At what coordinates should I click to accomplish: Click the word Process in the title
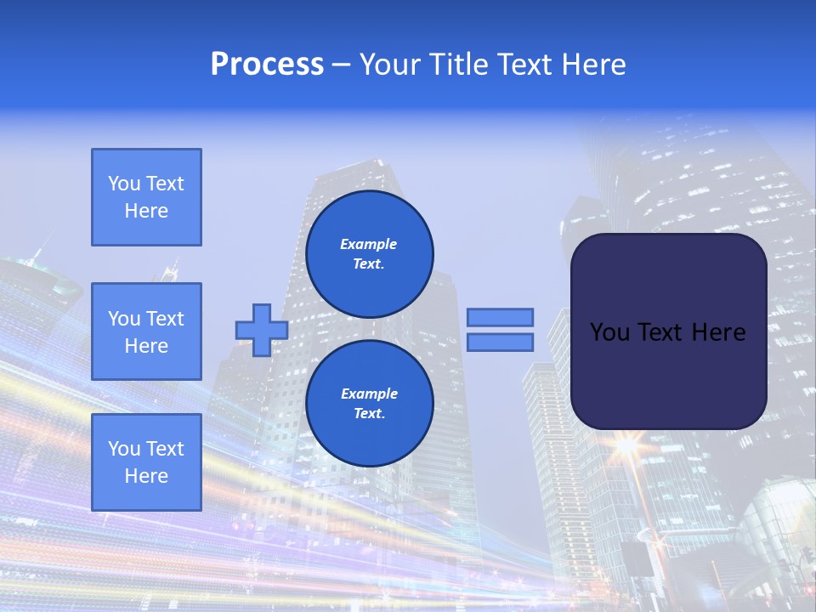[267, 65]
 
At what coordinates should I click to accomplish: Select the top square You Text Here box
[146, 197]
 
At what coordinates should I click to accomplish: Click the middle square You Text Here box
[146, 331]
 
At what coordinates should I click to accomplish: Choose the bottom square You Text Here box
[146, 462]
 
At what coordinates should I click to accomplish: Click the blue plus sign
[262, 330]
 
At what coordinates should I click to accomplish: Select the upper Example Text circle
[369, 254]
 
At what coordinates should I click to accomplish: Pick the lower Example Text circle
[369, 404]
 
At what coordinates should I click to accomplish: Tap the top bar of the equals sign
[500, 317]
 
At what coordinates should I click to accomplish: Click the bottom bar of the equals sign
[500, 343]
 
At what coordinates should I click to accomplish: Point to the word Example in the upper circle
[369, 244]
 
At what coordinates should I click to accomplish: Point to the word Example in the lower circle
[369, 394]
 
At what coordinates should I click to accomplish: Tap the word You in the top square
[124, 184]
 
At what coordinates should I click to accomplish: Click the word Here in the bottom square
[146, 476]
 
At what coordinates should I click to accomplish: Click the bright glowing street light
[628, 444]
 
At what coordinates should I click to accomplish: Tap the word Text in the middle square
[165, 319]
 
